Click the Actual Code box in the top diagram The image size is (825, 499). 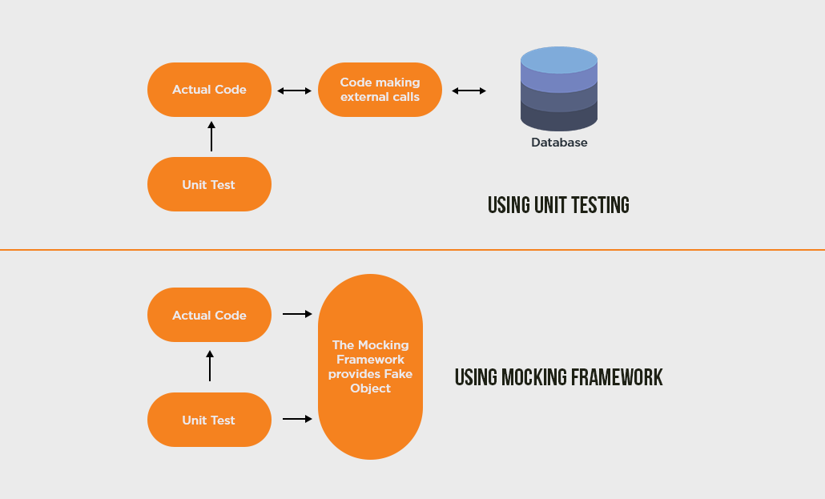click(209, 90)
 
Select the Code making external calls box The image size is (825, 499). click(380, 90)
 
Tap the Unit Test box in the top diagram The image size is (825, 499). click(209, 184)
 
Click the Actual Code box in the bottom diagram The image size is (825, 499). click(209, 315)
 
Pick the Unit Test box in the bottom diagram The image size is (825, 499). click(209, 420)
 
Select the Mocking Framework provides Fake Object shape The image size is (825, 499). click(370, 367)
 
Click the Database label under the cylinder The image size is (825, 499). click(559, 143)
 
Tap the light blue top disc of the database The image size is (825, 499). click(559, 60)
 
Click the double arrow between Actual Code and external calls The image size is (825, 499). click(294, 91)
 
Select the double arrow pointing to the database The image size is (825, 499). click(469, 91)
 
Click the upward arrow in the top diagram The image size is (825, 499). click(211, 136)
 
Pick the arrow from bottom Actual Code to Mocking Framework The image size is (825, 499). click(297, 314)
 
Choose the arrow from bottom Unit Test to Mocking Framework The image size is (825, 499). click(297, 418)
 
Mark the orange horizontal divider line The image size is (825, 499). click(412, 250)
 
